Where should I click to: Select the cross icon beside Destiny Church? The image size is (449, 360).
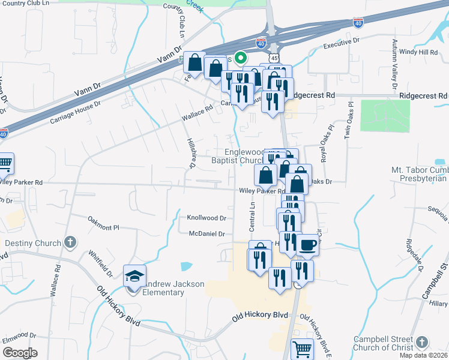pos(70,242)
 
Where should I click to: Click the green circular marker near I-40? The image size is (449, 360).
pos(241,58)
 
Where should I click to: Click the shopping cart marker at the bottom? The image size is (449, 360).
pos(302,349)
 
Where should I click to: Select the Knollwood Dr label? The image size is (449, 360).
pos(206,218)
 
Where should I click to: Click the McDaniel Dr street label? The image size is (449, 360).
pos(206,233)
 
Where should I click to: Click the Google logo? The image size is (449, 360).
pos(20,352)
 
